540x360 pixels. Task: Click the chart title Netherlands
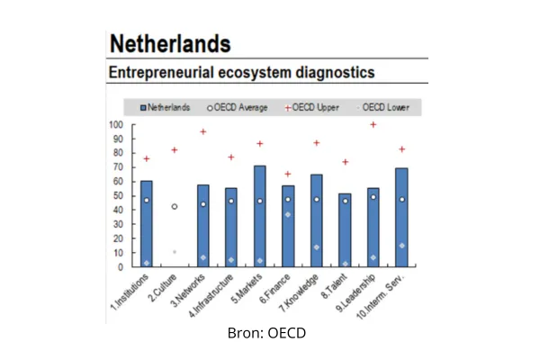pyautogui.click(x=167, y=42)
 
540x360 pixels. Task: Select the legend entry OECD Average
pyautogui.click(x=238, y=107)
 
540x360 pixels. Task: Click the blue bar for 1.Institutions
pyautogui.click(x=147, y=225)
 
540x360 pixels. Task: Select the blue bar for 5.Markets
pyautogui.click(x=259, y=216)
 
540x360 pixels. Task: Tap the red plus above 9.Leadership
pyautogui.click(x=373, y=125)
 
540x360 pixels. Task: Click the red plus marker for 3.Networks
pyautogui.click(x=203, y=132)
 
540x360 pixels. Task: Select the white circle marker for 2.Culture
pyautogui.click(x=175, y=206)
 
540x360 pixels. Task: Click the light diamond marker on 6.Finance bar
pyautogui.click(x=288, y=214)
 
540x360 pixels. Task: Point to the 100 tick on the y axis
pyautogui.click(x=116, y=125)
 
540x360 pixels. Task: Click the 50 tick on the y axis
pyautogui.click(x=119, y=195)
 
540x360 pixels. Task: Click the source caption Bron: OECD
pyautogui.click(x=268, y=333)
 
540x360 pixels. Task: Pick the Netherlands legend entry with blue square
pyautogui.click(x=166, y=107)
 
